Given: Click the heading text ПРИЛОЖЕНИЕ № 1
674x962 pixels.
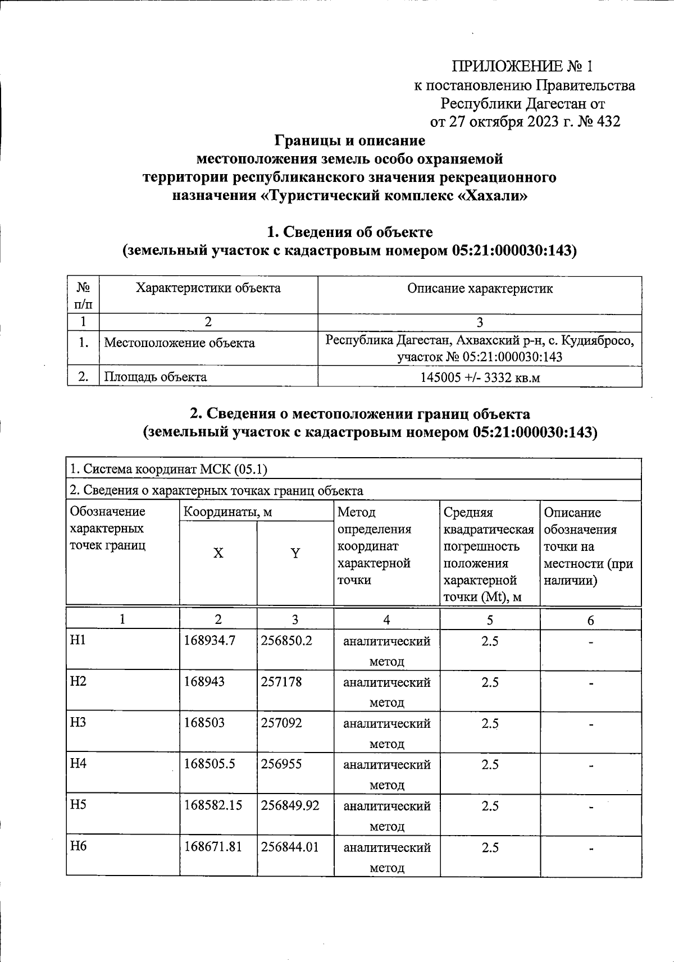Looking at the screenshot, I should [x=522, y=66].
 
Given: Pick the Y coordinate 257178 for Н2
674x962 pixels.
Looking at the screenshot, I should [x=281, y=682].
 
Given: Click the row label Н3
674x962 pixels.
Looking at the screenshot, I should [x=78, y=722].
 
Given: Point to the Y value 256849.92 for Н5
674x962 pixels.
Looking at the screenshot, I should [x=290, y=805].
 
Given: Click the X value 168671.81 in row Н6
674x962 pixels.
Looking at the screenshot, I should [x=213, y=846].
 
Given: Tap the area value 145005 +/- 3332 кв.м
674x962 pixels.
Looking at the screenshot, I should [x=480, y=377].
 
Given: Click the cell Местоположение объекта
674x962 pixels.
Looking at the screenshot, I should [x=180, y=343].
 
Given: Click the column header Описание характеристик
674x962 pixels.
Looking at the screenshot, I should [x=480, y=289].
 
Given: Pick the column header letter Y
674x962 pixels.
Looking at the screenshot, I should [x=295, y=553].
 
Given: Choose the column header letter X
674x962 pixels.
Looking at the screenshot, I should [x=218, y=553].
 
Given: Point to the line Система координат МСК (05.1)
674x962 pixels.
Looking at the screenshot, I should [x=168, y=469].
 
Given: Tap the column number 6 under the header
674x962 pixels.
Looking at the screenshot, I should [x=590, y=620].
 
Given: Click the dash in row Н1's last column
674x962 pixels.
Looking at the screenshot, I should [x=590, y=642].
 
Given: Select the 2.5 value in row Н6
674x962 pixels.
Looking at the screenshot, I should [x=490, y=847].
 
